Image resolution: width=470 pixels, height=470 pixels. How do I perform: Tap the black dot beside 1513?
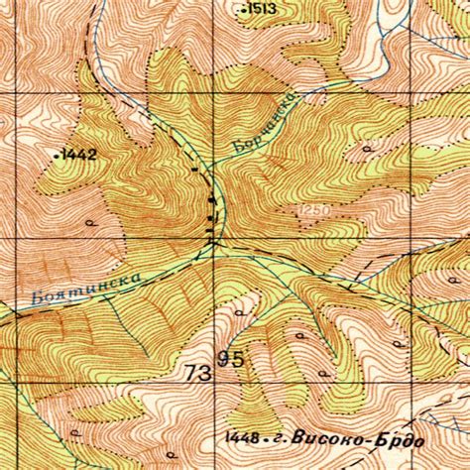[x=244, y=9]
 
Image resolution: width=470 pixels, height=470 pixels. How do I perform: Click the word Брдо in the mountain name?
[x=399, y=439]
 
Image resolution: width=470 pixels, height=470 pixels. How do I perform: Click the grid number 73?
[x=198, y=373]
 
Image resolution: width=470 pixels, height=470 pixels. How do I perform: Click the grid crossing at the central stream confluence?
[x=214, y=239]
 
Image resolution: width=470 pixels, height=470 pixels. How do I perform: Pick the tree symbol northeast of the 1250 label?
[x=366, y=149]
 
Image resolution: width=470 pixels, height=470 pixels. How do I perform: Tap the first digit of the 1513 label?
[x=252, y=9]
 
